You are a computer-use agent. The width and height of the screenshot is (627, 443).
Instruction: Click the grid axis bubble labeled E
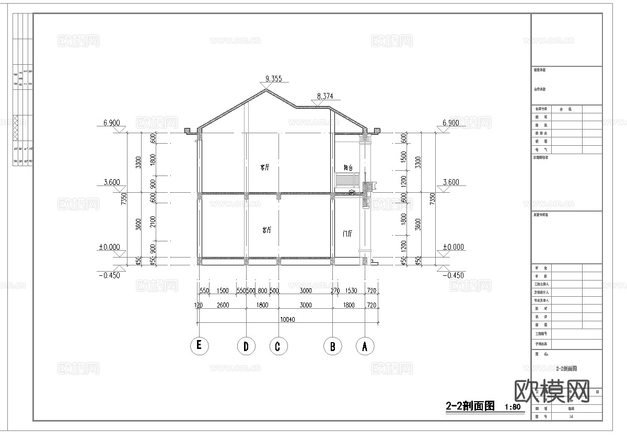coord(199,345)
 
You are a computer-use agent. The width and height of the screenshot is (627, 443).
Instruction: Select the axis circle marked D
coord(246,345)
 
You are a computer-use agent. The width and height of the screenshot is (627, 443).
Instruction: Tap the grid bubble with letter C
coord(278,345)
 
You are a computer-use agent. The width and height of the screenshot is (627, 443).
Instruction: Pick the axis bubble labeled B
coord(332,345)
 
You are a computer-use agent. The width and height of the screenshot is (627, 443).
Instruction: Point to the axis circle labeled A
coord(365,345)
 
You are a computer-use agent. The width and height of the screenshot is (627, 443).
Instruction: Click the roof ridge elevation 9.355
coord(273,79)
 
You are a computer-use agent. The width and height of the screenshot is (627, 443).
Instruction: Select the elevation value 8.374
coord(329,97)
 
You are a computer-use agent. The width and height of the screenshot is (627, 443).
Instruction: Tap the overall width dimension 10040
coord(289,319)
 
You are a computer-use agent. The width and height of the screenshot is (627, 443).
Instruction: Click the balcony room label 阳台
coord(349,168)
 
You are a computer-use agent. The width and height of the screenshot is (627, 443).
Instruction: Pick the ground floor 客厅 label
coord(266,230)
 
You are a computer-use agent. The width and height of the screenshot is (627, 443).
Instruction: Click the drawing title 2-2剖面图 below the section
coord(469,406)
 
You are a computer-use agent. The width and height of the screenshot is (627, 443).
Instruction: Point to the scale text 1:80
coord(514,407)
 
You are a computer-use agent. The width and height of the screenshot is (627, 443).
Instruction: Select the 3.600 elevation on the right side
coord(450,182)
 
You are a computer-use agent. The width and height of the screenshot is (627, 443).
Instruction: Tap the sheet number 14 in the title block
coord(566,417)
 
